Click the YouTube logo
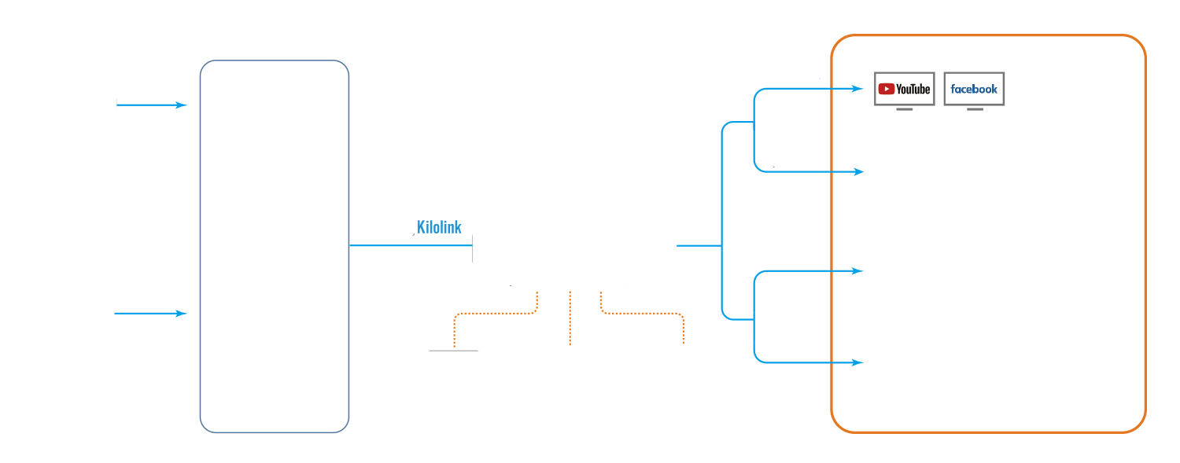(x=904, y=89)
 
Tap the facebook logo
(x=974, y=89)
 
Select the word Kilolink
(x=439, y=228)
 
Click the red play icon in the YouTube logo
(x=886, y=89)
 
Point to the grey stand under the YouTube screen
(x=904, y=109)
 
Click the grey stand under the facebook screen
(x=975, y=109)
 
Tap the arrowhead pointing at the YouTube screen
(x=859, y=89)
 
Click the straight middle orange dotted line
(x=570, y=318)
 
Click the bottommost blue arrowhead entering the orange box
(x=859, y=362)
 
